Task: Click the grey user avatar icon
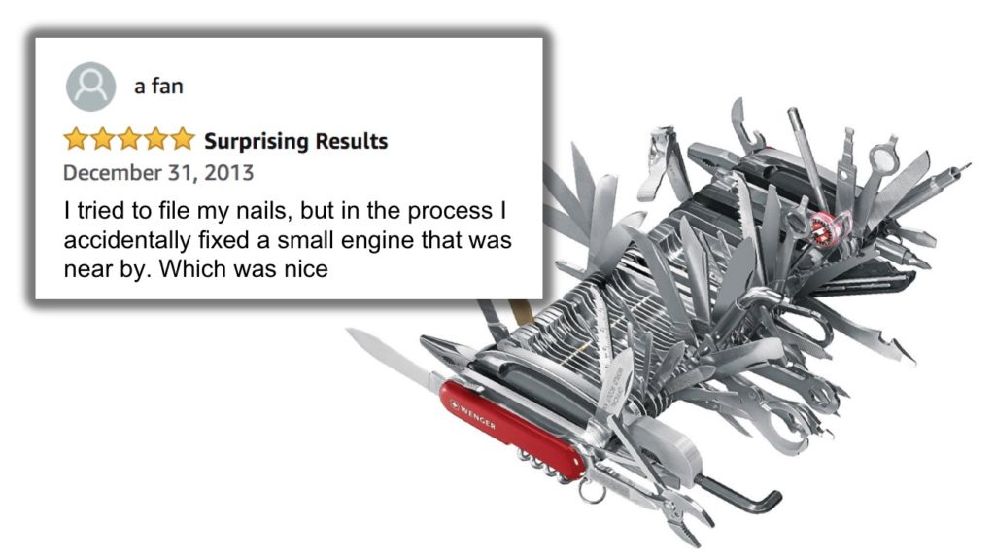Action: coord(90,87)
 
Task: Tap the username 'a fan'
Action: coord(158,86)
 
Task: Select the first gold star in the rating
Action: coord(76,140)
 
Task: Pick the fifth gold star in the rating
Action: coord(184,140)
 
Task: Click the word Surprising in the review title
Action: coord(254,141)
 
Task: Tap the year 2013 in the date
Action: coord(230,173)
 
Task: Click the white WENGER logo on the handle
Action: coord(473,412)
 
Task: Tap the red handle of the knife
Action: coord(505,428)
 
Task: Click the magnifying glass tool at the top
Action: coord(882,156)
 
